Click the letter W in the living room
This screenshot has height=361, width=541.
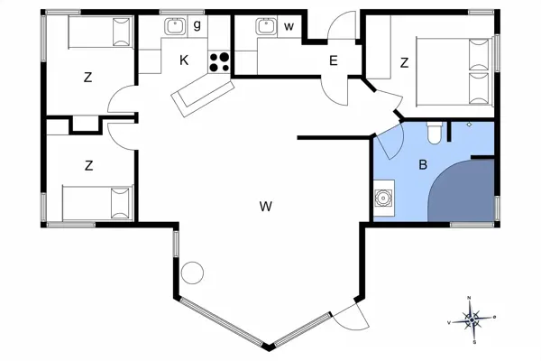265,207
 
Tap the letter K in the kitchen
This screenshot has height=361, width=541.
183,60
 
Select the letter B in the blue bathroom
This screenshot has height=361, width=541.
422,165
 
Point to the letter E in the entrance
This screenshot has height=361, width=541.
333,61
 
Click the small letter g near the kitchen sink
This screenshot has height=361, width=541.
197,24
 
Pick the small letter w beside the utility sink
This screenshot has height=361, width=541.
289,26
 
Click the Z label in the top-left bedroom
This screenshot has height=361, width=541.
87,78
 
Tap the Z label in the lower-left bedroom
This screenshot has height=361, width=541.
89,165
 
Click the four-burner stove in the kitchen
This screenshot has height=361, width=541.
219,61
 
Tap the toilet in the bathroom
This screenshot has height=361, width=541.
434,134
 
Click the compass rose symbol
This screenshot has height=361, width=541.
472,319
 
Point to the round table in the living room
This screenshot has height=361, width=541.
193,273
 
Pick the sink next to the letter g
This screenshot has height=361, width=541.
175,26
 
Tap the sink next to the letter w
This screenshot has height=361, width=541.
265,26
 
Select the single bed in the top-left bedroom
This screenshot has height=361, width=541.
98,34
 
